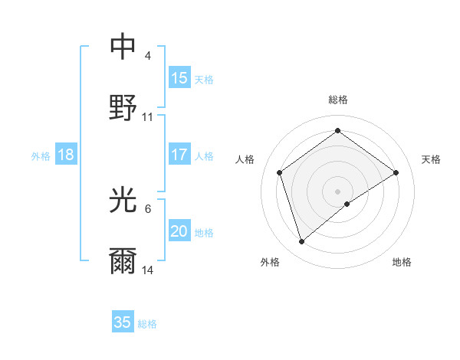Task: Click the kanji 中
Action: tap(123, 47)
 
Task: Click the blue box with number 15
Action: tap(179, 77)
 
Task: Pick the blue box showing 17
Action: tap(179, 155)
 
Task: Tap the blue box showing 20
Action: tap(179, 231)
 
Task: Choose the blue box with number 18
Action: tap(66, 155)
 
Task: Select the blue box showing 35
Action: tap(123, 322)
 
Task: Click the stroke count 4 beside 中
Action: tap(148, 56)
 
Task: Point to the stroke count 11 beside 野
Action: tap(148, 117)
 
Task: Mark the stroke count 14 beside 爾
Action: tap(148, 270)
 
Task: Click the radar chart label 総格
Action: tap(338, 100)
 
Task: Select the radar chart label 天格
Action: tap(431, 159)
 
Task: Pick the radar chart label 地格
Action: tap(402, 262)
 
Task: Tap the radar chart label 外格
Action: tap(270, 262)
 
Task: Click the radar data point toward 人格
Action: tap(280, 172)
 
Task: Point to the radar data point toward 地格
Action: tap(347, 204)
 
